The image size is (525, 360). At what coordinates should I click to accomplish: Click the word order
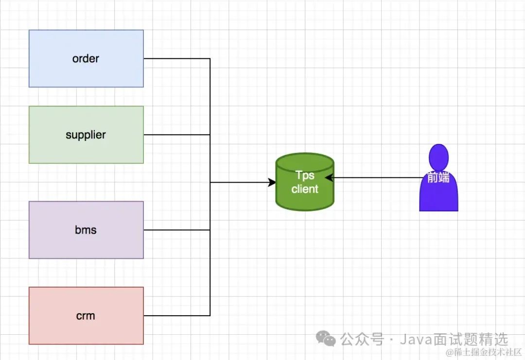click(86, 59)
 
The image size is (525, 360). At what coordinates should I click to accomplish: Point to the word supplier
click(86, 135)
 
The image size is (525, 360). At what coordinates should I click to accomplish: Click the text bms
click(86, 230)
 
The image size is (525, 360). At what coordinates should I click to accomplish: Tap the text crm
click(86, 316)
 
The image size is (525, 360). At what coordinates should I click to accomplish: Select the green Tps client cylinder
click(305, 199)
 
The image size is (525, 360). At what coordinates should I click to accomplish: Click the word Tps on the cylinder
click(305, 175)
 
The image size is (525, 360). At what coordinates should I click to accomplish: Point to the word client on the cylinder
click(305, 189)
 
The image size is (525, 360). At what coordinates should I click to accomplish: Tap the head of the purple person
click(438, 155)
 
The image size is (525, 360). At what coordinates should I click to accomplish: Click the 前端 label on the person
click(438, 178)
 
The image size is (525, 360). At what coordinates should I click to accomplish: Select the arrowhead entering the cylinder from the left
click(272, 182)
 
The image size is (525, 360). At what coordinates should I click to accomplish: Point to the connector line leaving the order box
click(177, 59)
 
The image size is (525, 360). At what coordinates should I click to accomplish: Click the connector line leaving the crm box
click(177, 316)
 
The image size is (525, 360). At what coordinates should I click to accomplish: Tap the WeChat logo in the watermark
click(326, 338)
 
